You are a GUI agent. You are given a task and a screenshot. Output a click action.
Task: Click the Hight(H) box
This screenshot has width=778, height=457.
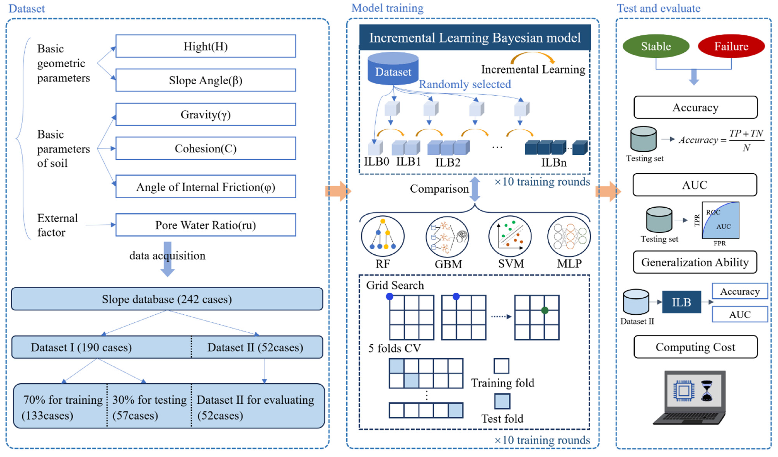206,46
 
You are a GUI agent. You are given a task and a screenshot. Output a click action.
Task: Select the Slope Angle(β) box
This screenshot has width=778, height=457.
206,80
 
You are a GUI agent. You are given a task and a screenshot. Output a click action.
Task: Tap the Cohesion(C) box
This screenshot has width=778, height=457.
206,148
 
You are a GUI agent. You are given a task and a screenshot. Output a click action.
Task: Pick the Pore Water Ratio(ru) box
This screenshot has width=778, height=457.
206,225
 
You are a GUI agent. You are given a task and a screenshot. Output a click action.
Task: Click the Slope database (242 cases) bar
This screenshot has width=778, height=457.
167,299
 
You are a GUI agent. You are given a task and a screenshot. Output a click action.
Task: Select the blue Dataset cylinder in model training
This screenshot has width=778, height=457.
393,69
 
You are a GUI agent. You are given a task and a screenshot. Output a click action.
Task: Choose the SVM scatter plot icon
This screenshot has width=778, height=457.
510,236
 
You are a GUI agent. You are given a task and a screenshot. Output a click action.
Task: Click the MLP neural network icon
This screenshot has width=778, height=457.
569,236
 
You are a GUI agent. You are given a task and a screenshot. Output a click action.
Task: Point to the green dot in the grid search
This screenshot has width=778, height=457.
545,310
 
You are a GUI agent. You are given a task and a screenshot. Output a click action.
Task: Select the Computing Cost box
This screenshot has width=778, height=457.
695,347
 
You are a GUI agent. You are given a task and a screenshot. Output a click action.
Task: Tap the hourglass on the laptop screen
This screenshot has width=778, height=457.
707,391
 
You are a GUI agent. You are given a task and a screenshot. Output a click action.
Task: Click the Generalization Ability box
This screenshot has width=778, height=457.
695,262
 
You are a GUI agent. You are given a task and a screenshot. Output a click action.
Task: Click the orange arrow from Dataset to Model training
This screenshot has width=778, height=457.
338,191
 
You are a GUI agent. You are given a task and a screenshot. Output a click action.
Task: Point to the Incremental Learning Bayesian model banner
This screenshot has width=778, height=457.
475,37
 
